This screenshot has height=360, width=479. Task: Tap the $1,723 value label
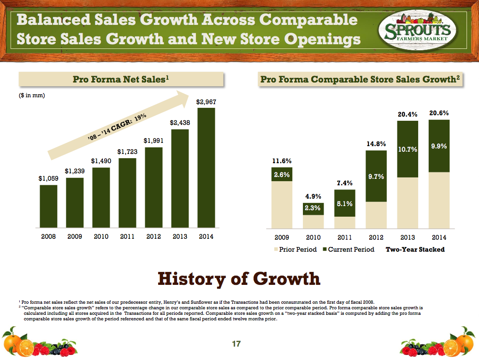[127, 152]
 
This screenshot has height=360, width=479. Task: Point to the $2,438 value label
[180, 123]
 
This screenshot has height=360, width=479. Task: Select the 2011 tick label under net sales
[127, 237]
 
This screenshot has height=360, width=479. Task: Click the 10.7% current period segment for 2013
[408, 149]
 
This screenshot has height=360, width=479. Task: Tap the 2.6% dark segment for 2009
[282, 174]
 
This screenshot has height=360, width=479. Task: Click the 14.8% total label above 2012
[376, 144]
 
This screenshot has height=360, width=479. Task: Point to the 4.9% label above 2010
[313, 196]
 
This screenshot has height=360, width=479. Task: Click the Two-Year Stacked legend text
[414, 249]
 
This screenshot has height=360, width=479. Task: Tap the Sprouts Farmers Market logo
[414, 32]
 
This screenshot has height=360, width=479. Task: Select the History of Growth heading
[239, 278]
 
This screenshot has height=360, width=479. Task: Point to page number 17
[236, 343]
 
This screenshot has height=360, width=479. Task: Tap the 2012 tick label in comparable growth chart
[376, 237]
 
